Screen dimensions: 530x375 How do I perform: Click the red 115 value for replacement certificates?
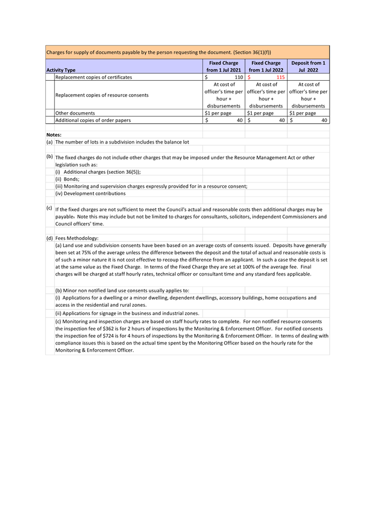coord(280,77)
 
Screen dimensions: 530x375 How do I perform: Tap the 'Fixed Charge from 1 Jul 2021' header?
coord(223,66)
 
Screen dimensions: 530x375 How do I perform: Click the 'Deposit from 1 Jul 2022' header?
coord(308,66)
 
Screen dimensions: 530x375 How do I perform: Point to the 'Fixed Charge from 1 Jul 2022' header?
coord(266,66)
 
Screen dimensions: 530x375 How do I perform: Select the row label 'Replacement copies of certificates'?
coord(94,77)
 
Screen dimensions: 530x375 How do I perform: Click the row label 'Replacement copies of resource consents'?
coord(102,95)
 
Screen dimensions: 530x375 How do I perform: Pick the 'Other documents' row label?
coord(75,113)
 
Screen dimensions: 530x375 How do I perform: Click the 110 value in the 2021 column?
coord(238,77)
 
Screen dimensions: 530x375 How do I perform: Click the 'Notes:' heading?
coord(54,135)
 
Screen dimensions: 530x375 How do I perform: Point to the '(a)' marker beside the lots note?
coord(49,142)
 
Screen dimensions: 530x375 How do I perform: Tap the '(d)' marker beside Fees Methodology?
coord(49,238)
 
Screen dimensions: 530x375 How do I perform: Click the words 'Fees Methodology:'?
coord(77,238)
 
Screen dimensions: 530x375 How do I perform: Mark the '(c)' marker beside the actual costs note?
coord(49,208)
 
